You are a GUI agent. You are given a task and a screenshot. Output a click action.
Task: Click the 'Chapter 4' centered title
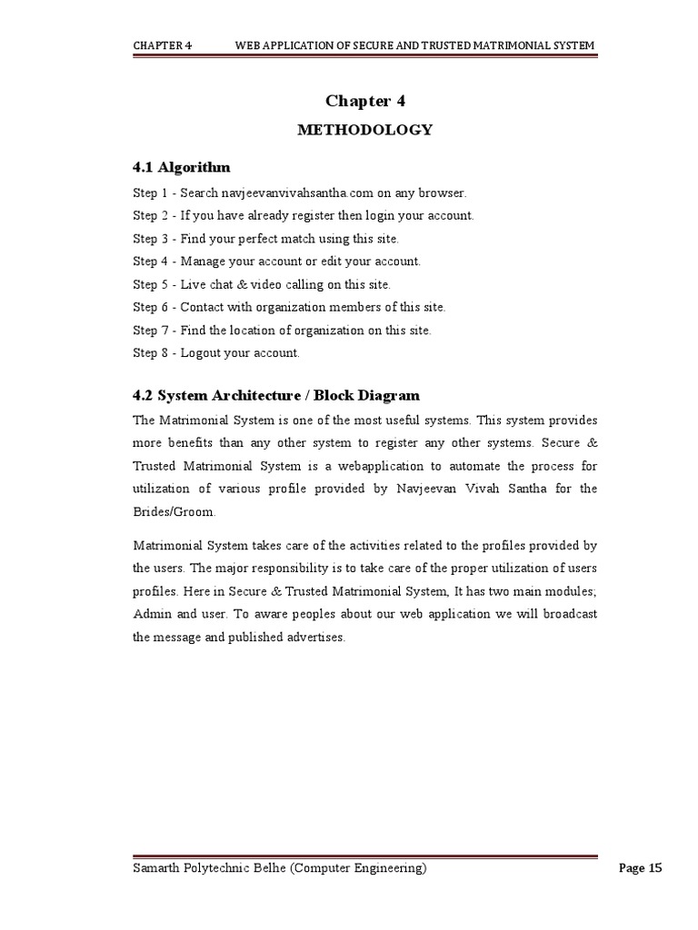(x=364, y=101)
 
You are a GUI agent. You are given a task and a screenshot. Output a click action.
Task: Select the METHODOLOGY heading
(x=364, y=130)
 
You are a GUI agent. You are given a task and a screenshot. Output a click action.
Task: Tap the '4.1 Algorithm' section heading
(x=181, y=167)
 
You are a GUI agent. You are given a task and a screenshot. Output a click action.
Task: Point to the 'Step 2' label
(x=150, y=216)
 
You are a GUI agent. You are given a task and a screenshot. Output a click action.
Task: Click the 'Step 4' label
(x=150, y=262)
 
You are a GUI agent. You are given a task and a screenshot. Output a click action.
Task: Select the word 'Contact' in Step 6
(x=201, y=307)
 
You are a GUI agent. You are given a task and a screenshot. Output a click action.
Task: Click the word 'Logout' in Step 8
(x=200, y=352)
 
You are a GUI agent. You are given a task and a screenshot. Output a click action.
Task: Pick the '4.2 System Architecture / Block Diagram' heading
(x=276, y=396)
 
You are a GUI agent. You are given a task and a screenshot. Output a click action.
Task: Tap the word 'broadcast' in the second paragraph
(x=568, y=615)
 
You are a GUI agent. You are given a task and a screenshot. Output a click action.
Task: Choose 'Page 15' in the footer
(x=640, y=868)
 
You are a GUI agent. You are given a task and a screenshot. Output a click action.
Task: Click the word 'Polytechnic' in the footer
(x=215, y=868)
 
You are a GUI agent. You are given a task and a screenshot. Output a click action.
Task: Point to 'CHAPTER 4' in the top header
(x=162, y=45)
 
